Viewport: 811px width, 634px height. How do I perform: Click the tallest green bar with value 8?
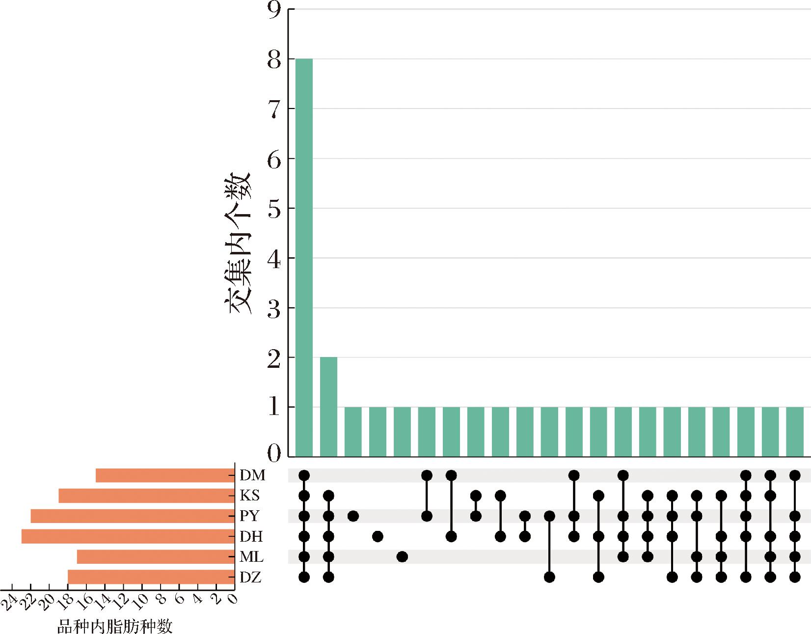point(304,258)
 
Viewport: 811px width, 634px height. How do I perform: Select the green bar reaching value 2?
point(328,407)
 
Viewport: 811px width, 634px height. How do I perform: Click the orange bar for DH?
point(128,536)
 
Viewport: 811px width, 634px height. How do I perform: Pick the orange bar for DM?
point(165,475)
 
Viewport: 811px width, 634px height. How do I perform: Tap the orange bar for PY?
point(133,516)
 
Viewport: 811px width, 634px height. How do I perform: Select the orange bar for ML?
point(156,557)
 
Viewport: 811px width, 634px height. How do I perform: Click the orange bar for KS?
point(146,496)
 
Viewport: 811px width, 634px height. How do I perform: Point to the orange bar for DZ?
point(151,577)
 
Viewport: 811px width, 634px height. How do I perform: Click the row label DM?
point(252,475)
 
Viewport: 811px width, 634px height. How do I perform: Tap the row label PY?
point(249,516)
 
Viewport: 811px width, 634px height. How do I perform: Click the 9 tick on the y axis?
point(274,10)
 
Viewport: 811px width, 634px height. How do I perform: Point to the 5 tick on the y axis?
point(274,209)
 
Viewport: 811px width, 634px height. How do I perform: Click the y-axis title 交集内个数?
point(238,243)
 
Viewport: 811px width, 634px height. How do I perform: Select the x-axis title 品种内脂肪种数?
point(115,627)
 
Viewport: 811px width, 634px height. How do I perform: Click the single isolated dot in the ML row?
point(402,557)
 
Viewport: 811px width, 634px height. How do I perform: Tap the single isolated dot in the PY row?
point(353,516)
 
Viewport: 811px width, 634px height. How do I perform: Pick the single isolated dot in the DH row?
point(378,536)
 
